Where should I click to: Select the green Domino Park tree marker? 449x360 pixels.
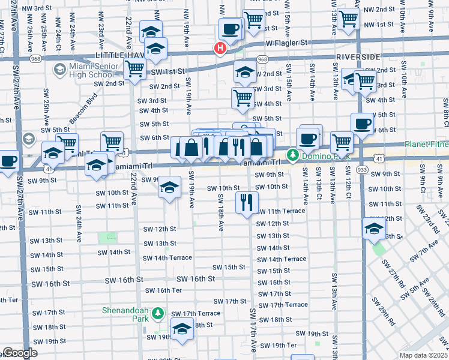pyautogui.click(x=292, y=156)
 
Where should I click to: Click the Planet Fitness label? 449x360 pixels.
pyautogui.click(x=426, y=144)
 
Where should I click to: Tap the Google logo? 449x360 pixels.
pyautogui.click(x=19, y=353)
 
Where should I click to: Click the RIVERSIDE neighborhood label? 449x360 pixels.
pyautogui.click(x=358, y=56)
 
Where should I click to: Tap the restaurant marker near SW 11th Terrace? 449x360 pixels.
pyautogui.click(x=247, y=202)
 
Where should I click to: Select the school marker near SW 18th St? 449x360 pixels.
pyautogui.click(x=182, y=328)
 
